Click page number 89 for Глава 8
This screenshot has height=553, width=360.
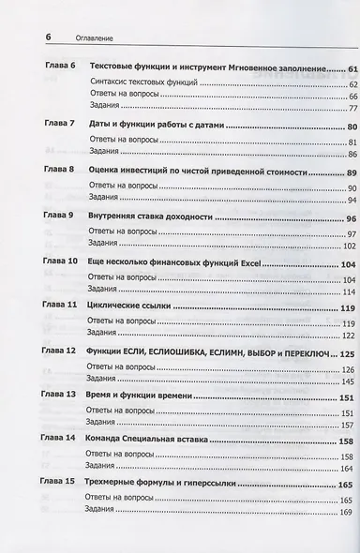[x=339, y=172]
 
